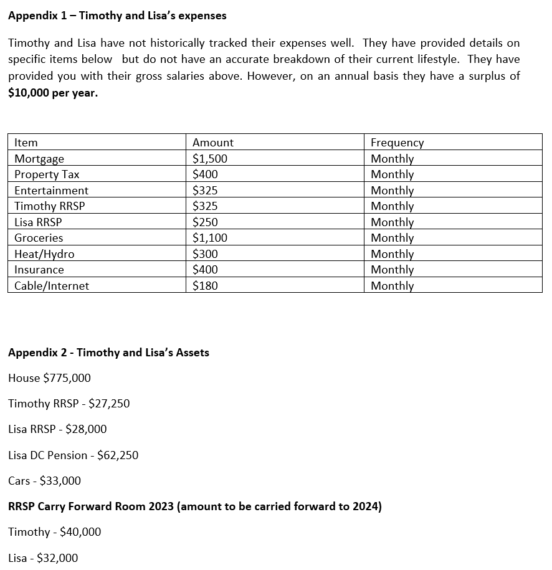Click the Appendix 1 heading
click(117, 16)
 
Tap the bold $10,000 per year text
click(53, 93)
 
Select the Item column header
click(26, 143)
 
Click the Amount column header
click(213, 143)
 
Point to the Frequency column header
click(397, 143)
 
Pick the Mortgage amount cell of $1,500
click(210, 159)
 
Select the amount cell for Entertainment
click(205, 191)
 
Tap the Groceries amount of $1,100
click(210, 238)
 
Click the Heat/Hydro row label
click(44, 254)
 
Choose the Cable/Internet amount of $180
click(205, 286)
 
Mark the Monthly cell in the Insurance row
click(392, 270)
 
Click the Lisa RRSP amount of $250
click(205, 222)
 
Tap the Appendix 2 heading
click(108, 353)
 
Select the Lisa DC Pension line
click(73, 455)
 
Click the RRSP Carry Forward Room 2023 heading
click(194, 506)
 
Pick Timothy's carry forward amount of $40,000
click(80, 532)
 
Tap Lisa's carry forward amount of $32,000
click(57, 558)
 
